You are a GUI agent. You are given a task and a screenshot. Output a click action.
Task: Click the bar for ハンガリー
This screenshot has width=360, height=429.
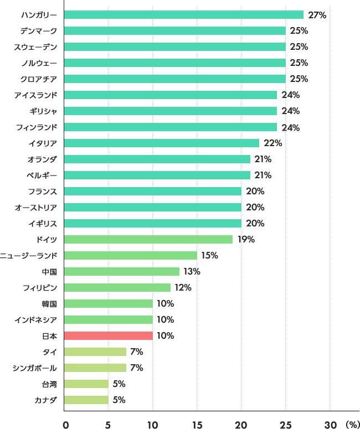183,15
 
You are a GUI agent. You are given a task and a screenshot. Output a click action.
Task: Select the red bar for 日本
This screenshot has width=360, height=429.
108,335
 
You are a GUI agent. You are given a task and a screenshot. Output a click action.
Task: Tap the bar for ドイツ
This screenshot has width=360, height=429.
148,239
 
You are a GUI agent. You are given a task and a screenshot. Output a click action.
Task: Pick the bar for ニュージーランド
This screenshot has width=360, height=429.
130,255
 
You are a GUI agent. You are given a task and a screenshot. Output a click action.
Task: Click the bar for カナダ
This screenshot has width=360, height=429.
86,400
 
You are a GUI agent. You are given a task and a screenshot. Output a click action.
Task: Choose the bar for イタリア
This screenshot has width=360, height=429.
161,143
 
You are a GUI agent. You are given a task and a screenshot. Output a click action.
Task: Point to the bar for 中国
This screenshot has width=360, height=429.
121,271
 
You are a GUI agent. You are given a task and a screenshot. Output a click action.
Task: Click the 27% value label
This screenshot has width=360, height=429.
317,15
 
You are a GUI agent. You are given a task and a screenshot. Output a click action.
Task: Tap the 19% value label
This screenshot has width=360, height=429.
246,239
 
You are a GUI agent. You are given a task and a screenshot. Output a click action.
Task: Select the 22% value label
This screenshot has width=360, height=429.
273,143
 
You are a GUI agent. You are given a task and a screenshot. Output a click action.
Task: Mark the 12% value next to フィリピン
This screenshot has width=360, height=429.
182,287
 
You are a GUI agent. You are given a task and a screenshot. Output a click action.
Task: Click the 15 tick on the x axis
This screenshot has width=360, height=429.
197,425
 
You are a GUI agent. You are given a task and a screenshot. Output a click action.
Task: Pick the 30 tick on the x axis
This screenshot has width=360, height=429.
330,425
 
